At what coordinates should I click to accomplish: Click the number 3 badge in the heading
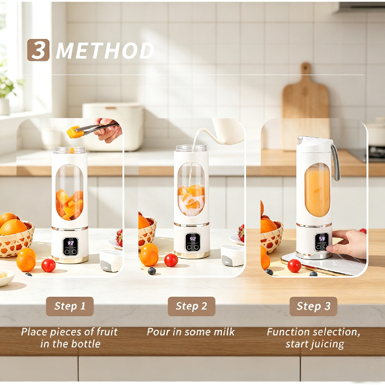38,50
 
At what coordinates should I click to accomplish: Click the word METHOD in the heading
105,51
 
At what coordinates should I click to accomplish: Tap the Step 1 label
70,306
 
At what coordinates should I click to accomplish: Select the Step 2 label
192,306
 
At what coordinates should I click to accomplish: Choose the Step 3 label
313,306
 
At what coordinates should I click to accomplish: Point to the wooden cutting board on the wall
306,106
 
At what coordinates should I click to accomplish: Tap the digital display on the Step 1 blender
71,247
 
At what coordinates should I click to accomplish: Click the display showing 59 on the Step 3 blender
322,242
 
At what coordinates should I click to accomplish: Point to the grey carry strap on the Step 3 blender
335,162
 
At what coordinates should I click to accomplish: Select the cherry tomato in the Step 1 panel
48,265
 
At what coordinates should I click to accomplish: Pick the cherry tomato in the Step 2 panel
171,260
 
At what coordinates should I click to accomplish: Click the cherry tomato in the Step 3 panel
294,266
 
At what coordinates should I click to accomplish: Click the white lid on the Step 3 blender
315,142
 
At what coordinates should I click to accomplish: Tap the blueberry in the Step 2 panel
152,271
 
